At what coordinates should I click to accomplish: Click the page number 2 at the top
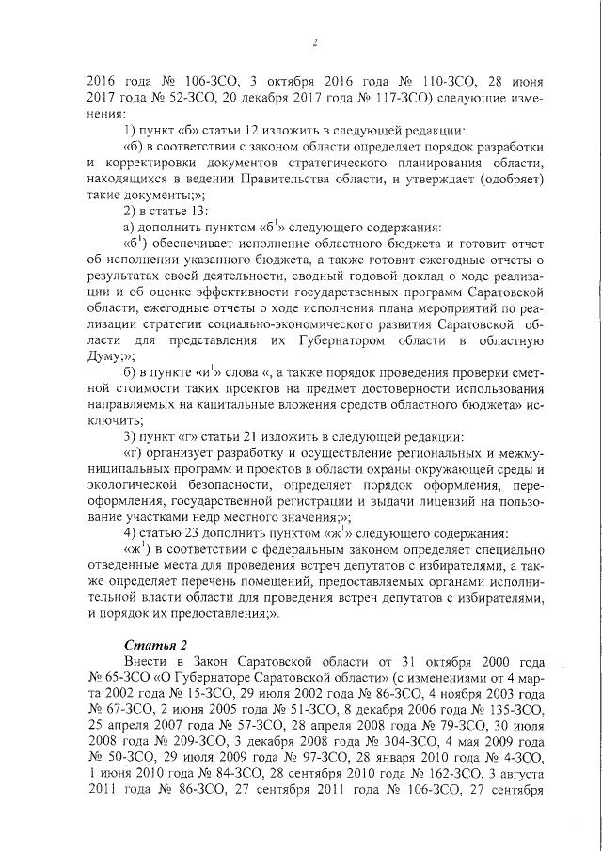[x=315, y=41]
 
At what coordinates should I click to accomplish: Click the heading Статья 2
[x=152, y=642]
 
